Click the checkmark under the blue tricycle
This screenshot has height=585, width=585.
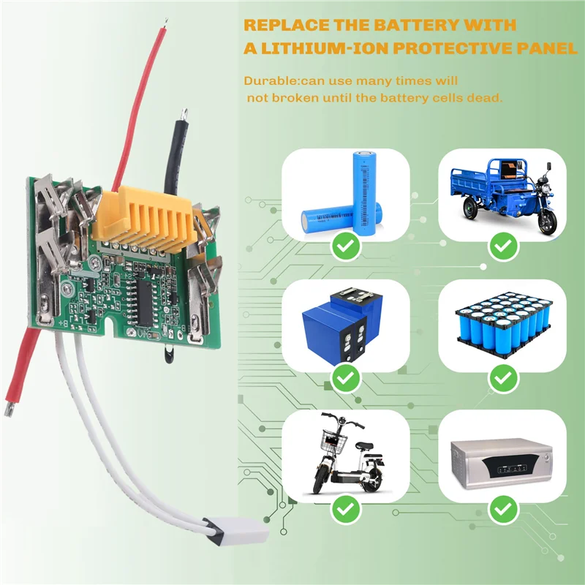coord(501,248)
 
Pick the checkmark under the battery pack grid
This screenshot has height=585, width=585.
coord(501,378)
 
